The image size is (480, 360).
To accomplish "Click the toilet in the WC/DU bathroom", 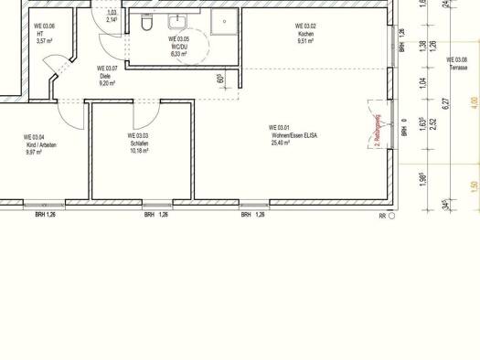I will click(x=147, y=27).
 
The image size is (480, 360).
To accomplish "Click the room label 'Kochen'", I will click(x=306, y=34).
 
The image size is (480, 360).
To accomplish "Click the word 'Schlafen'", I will click(x=139, y=143).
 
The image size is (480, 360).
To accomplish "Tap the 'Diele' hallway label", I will click(x=105, y=76).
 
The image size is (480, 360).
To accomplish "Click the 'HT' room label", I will click(x=40, y=34).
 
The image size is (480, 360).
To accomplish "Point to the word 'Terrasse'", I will click(x=457, y=69).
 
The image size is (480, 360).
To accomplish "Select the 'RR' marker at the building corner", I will click(x=383, y=217).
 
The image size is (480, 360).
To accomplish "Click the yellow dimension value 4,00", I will click(x=474, y=101).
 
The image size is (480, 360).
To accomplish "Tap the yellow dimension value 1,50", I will click(x=474, y=187).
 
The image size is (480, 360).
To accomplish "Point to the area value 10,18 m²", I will click(x=139, y=150).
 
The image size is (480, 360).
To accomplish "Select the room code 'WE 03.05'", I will click(x=179, y=39).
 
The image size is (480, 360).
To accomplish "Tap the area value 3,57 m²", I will click(x=46, y=41).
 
